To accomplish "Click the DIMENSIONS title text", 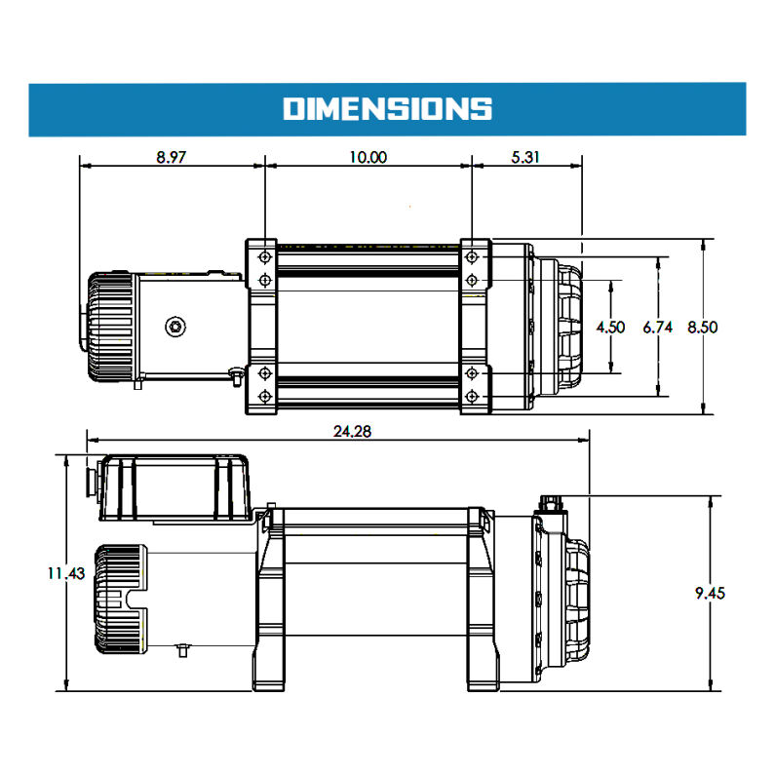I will tap(387, 108).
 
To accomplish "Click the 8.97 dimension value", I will tap(171, 158).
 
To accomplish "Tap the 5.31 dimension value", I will tap(527, 158).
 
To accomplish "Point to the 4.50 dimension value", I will tap(610, 328).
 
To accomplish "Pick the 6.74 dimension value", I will tap(658, 328).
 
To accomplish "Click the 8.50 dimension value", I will tap(702, 328).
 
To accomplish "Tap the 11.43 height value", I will tap(63, 573).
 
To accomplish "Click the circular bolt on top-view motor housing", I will tap(175, 327).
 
